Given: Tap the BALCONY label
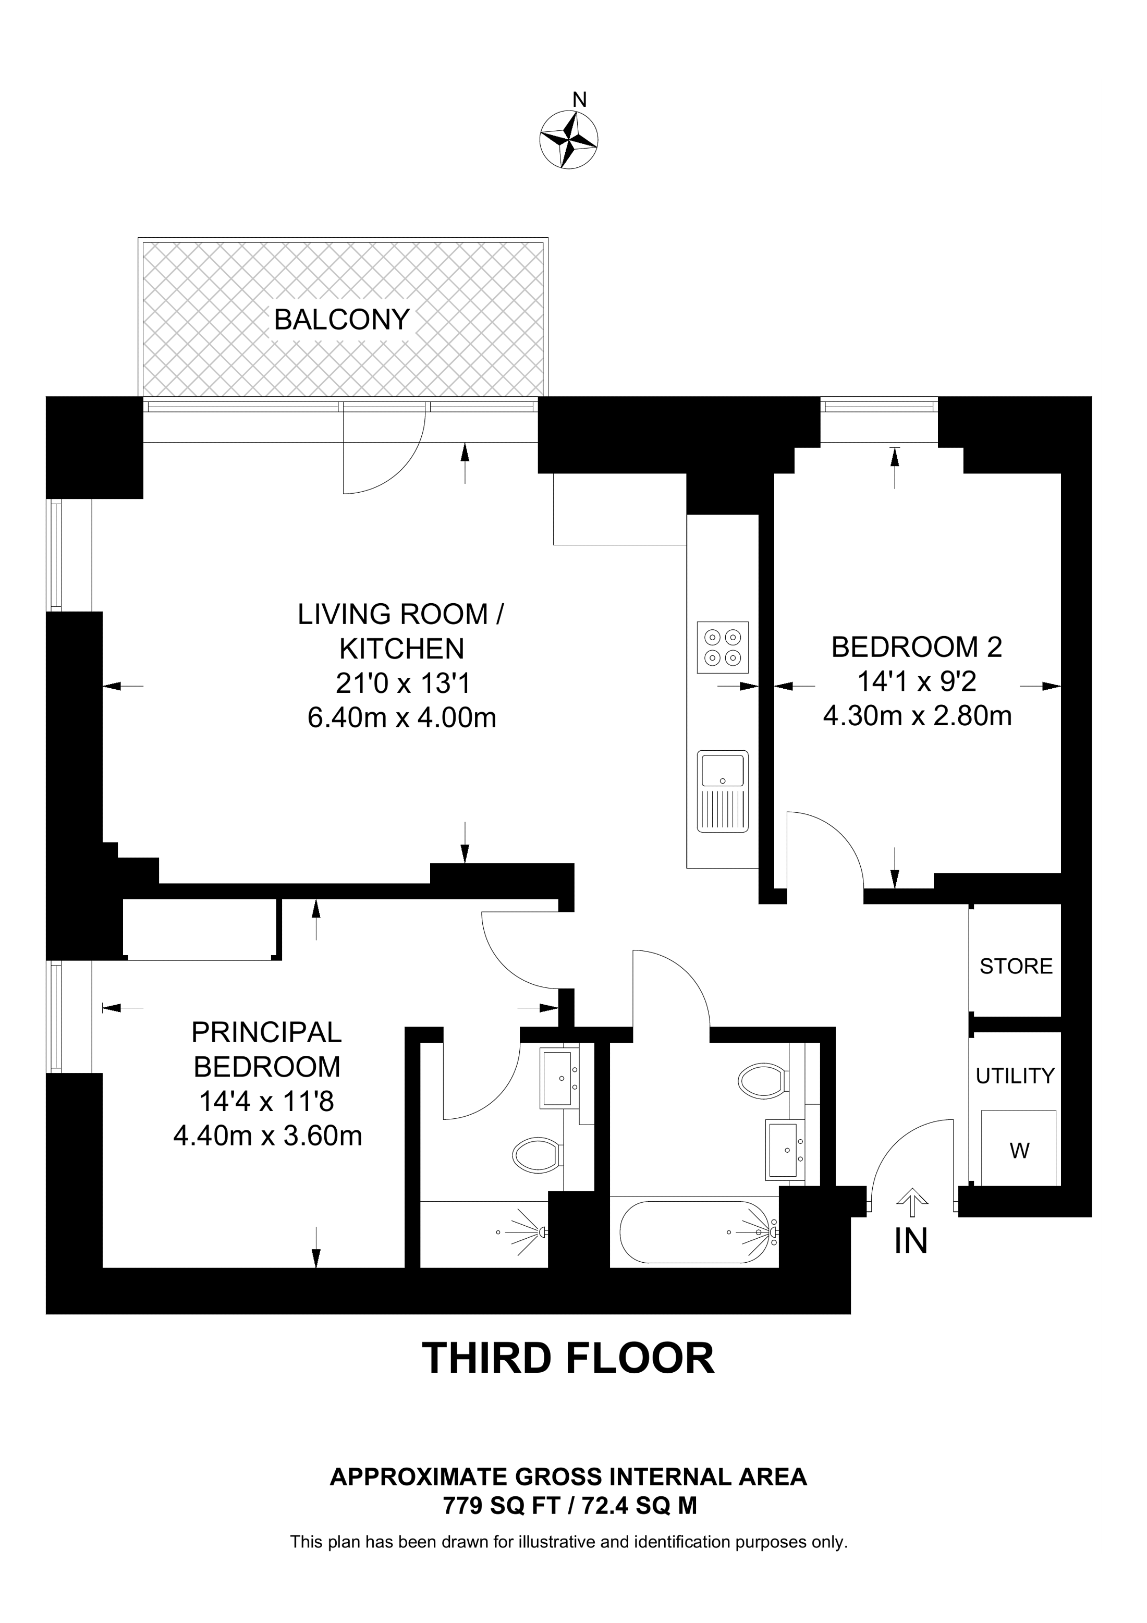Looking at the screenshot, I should [x=341, y=320].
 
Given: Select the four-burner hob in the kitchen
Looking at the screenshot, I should [x=722, y=647].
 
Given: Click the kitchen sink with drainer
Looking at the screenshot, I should [x=722, y=791].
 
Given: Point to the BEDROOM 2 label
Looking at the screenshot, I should [x=916, y=648].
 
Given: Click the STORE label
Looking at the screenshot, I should [x=1016, y=966].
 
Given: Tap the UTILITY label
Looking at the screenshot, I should [x=1015, y=1076].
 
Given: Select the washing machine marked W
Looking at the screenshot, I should [x=1018, y=1150].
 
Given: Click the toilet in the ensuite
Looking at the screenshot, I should [x=536, y=1156].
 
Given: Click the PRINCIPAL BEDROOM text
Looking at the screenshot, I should [x=267, y=1050].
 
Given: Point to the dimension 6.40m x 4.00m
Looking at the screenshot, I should [x=401, y=718].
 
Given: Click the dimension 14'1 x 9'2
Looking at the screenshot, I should [x=916, y=682].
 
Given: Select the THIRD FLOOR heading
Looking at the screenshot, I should [x=568, y=1358].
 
